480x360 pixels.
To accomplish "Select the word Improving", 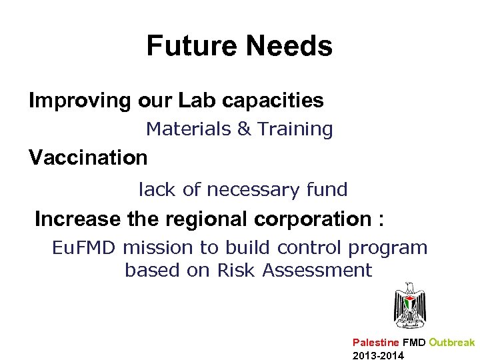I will [80, 101].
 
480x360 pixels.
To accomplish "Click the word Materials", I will [189, 129].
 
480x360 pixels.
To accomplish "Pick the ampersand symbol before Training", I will [243, 129].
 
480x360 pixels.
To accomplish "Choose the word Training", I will [295, 129].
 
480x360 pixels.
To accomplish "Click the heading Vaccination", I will [88, 158].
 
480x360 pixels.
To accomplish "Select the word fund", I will [327, 190].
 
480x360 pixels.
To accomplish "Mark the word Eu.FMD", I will [85, 248].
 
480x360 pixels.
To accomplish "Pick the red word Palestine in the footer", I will [376, 343].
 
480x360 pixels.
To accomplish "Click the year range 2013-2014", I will [377, 355].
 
